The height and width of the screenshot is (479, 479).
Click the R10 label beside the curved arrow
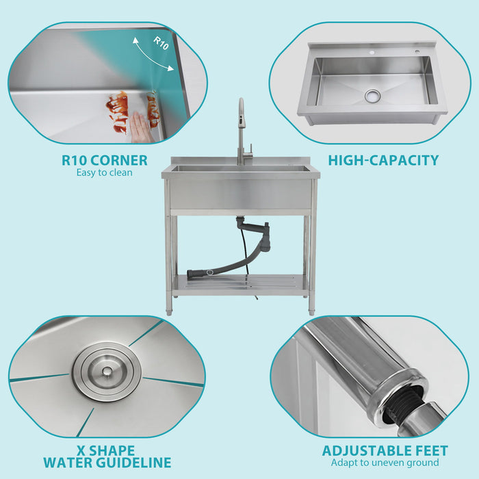161,43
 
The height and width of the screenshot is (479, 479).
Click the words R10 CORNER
104,161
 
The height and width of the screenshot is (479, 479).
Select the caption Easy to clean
104,173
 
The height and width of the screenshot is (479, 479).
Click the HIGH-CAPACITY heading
383,161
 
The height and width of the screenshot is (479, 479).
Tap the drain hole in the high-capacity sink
373,95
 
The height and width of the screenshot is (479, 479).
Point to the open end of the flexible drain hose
193,274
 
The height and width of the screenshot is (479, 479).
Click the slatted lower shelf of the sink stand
239,283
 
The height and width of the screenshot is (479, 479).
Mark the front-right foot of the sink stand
311,311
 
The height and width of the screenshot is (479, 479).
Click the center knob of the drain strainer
107,371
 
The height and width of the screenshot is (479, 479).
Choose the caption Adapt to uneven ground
385,463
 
